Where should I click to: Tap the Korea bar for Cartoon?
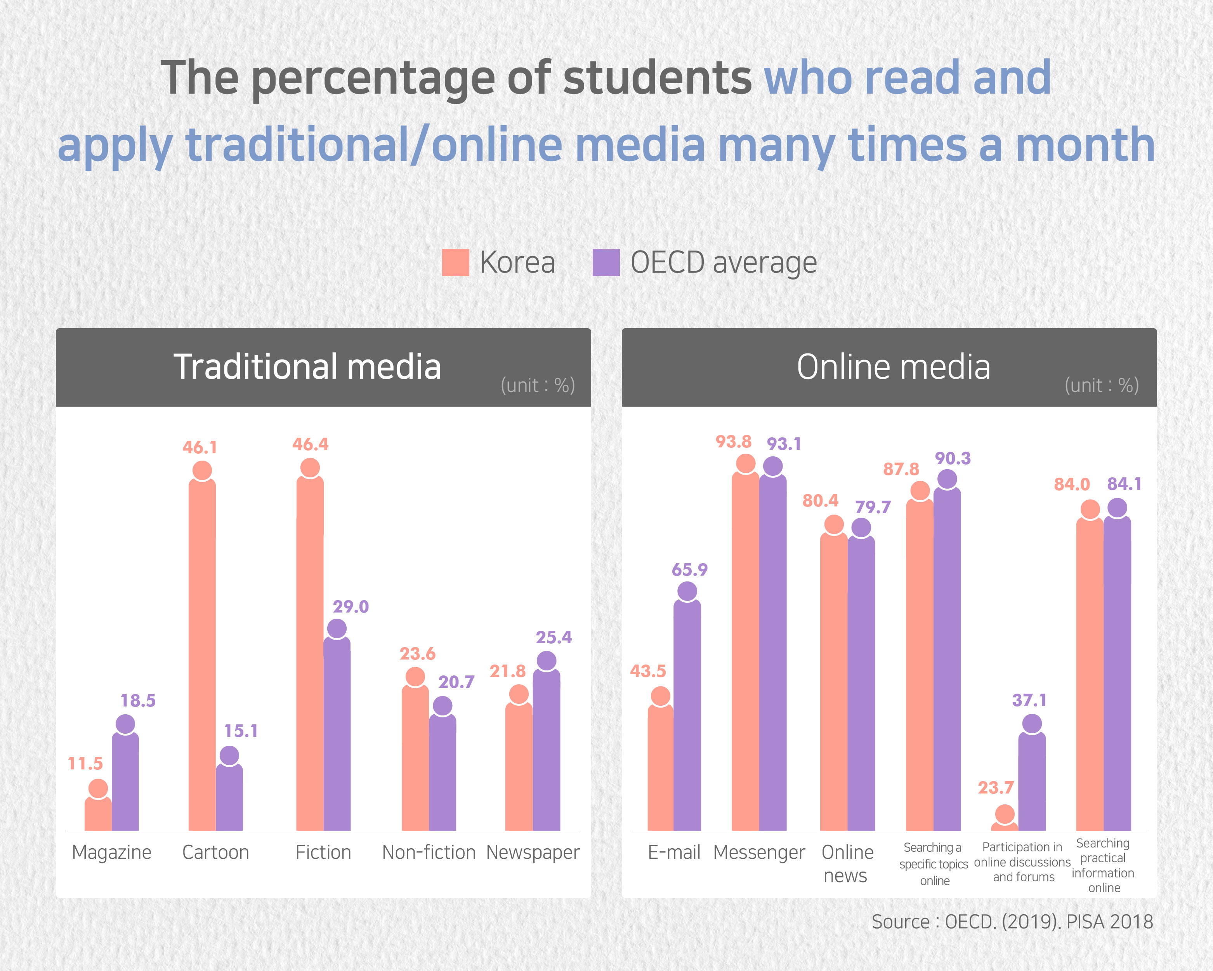click(202, 653)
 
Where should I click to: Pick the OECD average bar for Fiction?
click(337, 732)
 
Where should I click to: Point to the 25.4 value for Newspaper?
click(554, 637)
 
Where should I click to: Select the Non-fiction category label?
click(429, 852)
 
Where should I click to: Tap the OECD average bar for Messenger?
click(773, 653)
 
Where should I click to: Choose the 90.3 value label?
click(953, 458)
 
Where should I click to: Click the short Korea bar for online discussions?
click(1004, 827)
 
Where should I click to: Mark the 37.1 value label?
click(1029, 700)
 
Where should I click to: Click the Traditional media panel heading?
click(307, 367)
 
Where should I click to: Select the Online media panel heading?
click(893, 367)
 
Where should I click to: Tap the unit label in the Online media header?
click(1101, 386)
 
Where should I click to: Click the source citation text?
click(1012, 921)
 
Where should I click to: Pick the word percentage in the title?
click(373, 79)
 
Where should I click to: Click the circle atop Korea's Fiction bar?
click(310, 467)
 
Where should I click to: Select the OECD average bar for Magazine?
click(125, 782)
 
